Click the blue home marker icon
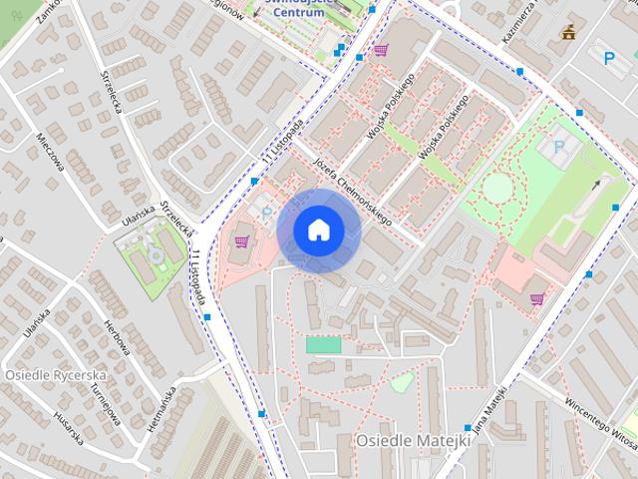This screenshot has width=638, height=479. point(318,230)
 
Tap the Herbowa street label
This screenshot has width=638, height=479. point(118,337)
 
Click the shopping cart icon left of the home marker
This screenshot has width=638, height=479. point(240,240)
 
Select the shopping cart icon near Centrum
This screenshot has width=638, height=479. point(379,49)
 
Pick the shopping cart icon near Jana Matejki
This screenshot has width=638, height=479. point(536,298)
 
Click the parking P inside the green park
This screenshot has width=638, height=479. point(558,147)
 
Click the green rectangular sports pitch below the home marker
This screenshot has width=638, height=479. point(323,344)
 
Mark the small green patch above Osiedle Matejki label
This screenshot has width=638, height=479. point(402,381)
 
